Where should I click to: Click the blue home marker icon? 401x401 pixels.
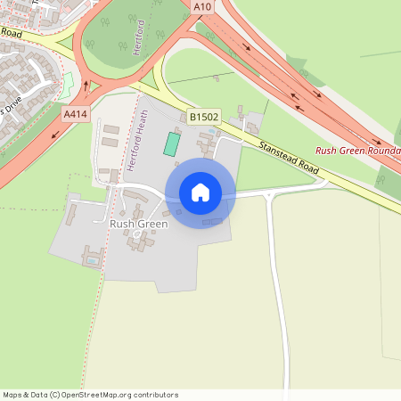click(x=200, y=192)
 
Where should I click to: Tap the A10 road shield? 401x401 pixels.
click(x=202, y=5)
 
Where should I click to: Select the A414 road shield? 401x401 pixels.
click(x=75, y=114)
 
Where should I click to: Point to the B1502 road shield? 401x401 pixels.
click(x=203, y=117)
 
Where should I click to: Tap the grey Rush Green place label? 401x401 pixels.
click(x=138, y=224)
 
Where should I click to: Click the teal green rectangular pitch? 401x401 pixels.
click(x=170, y=144)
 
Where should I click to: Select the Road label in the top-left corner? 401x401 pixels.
click(x=11, y=32)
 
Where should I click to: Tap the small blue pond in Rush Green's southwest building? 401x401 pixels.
click(x=94, y=260)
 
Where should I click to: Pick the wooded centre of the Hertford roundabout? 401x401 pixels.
click(x=125, y=40)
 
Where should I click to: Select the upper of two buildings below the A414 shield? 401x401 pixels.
click(x=111, y=130)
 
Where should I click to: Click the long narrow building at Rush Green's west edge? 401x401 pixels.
click(x=71, y=213)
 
